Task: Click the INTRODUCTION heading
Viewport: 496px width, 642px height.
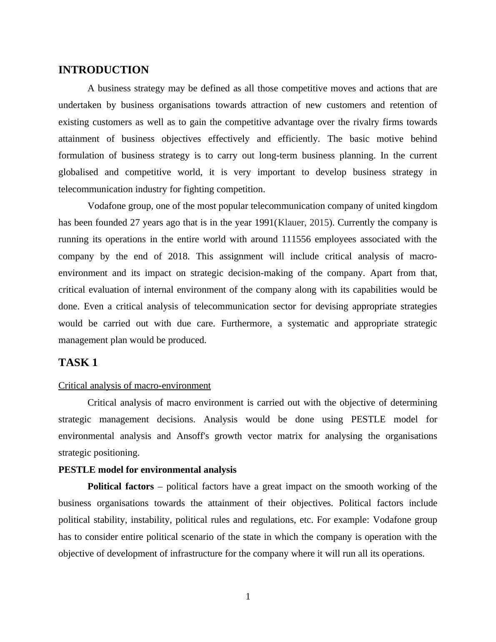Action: coord(103,70)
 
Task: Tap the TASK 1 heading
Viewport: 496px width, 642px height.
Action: coord(78,363)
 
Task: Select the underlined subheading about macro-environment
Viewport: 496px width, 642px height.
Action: coord(134,386)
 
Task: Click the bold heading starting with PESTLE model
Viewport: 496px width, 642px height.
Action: coord(147,470)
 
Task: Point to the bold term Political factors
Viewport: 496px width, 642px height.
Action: coord(120,487)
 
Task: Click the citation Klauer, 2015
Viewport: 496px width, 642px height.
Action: coord(303,223)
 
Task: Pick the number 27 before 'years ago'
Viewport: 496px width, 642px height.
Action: coord(135,223)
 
